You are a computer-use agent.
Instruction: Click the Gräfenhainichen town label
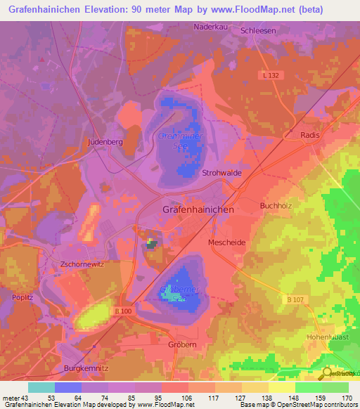198,209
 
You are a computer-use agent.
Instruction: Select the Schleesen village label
258,31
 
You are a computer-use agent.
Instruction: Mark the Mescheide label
226,242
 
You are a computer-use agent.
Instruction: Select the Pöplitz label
22,298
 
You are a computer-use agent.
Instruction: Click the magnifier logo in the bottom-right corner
326,372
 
